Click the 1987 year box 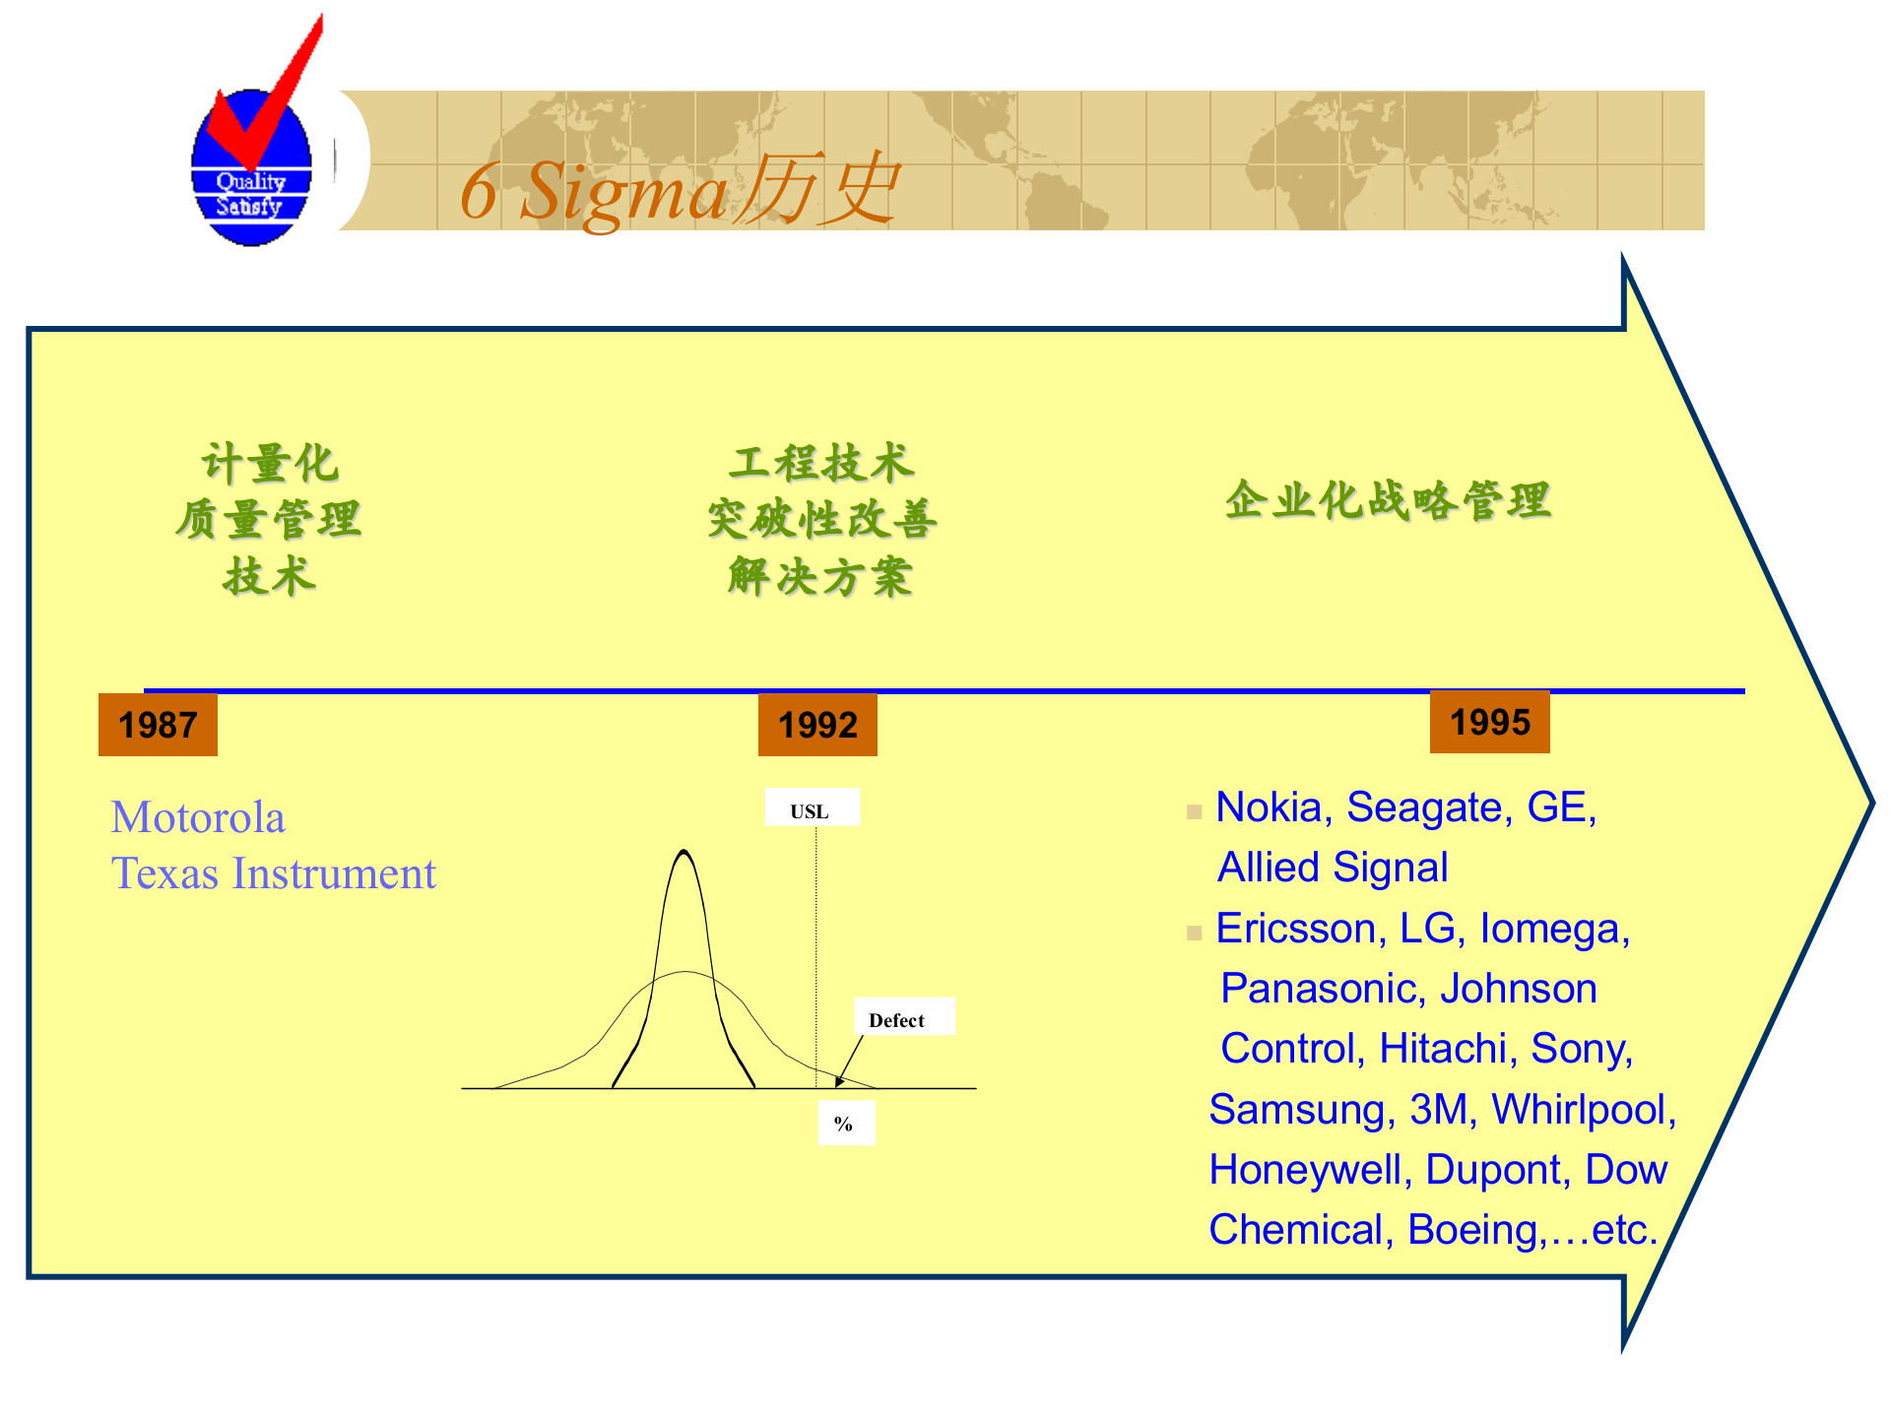click(x=158, y=725)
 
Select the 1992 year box click(x=817, y=725)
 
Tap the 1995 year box click(x=1489, y=722)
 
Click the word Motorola click(x=198, y=817)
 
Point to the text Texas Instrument click(x=273, y=873)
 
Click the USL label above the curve click(x=811, y=810)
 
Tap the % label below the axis click(x=845, y=1124)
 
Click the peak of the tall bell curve click(x=684, y=853)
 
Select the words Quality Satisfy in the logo click(x=250, y=194)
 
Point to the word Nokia click(x=1268, y=807)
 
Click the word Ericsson click(x=1295, y=929)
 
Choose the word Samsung click(x=1296, y=1110)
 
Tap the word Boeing click(x=1471, y=1230)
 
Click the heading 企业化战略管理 click(x=1388, y=500)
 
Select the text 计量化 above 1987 click(x=269, y=463)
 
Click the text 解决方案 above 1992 click(x=820, y=577)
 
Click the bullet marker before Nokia click(x=1194, y=812)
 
